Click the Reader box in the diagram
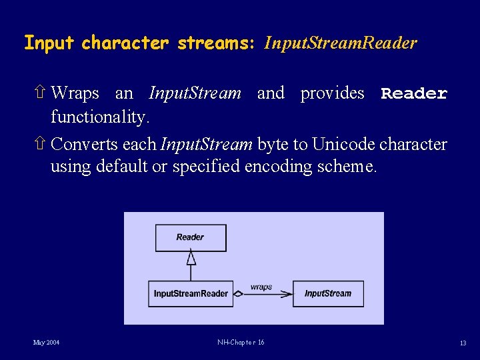click(x=191, y=237)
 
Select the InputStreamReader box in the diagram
click(x=191, y=293)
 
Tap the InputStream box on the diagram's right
click(x=328, y=293)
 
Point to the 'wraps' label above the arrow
click(x=261, y=287)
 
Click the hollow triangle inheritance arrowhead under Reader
click(x=191, y=259)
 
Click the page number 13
click(x=462, y=343)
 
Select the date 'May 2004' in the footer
click(x=47, y=343)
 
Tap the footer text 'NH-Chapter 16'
click(x=241, y=343)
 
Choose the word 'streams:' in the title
click(x=216, y=43)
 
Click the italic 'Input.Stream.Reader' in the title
click(x=340, y=43)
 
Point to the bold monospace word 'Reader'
click(x=414, y=93)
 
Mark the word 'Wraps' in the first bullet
click(x=75, y=93)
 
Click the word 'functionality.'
click(x=99, y=117)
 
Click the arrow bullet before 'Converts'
click(x=39, y=144)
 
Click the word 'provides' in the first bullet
click(x=332, y=93)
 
